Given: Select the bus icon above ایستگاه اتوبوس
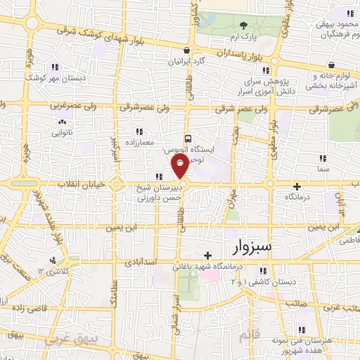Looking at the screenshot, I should tap(187, 139).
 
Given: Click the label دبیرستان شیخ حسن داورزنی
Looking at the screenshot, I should tap(157, 193).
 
